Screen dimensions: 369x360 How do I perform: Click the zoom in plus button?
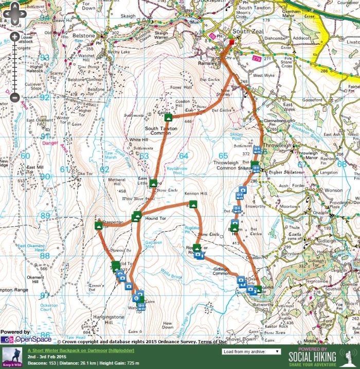14,37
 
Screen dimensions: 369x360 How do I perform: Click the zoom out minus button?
14,97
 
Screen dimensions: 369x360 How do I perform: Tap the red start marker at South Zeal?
231,43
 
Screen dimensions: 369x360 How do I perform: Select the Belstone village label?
85,36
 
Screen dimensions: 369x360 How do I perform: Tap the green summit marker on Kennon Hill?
193,204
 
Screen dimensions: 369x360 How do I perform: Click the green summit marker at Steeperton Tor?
98,225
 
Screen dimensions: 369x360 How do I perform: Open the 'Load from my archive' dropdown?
251,352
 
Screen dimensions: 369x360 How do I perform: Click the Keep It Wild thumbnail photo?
11,356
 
